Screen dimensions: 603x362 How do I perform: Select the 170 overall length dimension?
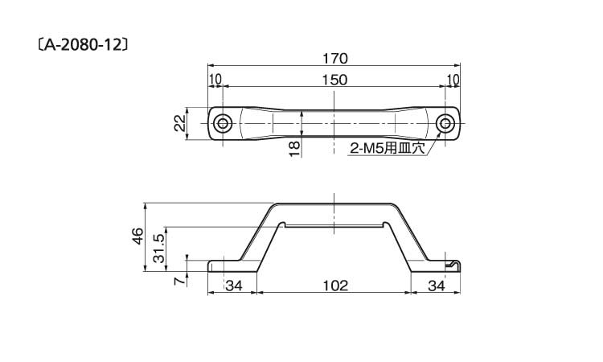tap(334, 59)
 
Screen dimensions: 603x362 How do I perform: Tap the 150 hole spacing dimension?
tap(334, 80)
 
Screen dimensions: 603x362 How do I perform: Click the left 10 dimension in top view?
tap(215, 80)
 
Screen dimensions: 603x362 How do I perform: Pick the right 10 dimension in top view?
tap(453, 80)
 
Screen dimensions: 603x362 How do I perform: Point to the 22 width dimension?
tap(180, 124)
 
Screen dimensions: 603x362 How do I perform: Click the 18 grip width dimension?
tap(294, 150)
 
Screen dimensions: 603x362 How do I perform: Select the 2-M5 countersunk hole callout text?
tap(388, 148)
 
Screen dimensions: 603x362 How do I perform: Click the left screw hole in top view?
tap(223, 124)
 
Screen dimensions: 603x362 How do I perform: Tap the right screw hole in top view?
tap(445, 124)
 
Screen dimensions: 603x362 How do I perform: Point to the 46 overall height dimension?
tap(137, 237)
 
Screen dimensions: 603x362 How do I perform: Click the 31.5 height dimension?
tap(159, 249)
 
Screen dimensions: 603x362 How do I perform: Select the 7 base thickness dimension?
tap(179, 282)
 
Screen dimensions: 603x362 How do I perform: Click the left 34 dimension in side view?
tap(234, 286)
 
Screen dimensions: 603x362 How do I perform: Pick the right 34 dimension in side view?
tap(436, 286)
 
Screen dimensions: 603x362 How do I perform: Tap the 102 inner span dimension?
tap(334, 286)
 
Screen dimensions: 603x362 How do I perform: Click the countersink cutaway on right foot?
tap(453, 265)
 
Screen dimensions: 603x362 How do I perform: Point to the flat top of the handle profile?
tap(334, 203)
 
